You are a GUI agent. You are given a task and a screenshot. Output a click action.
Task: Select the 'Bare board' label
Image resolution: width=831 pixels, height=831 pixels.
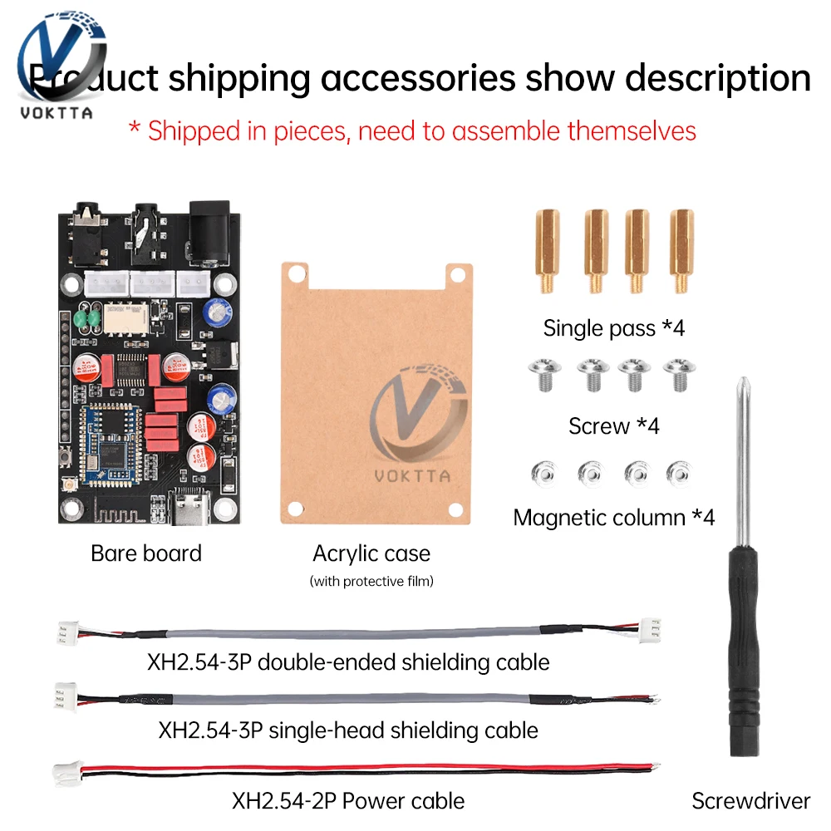(x=146, y=553)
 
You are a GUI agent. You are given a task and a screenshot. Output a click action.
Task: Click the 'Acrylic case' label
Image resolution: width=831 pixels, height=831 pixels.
(x=371, y=553)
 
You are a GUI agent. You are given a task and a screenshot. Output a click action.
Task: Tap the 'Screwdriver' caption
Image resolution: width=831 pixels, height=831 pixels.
(x=750, y=800)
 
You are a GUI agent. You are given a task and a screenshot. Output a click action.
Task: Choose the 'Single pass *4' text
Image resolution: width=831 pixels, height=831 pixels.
(x=613, y=328)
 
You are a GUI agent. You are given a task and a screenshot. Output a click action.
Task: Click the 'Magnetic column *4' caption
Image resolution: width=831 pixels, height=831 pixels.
(x=613, y=517)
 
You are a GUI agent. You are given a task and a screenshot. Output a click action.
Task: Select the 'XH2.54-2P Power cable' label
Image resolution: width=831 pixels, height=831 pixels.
(x=348, y=801)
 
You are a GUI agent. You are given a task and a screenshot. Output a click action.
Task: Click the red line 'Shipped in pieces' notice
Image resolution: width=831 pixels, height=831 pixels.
(x=412, y=130)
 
